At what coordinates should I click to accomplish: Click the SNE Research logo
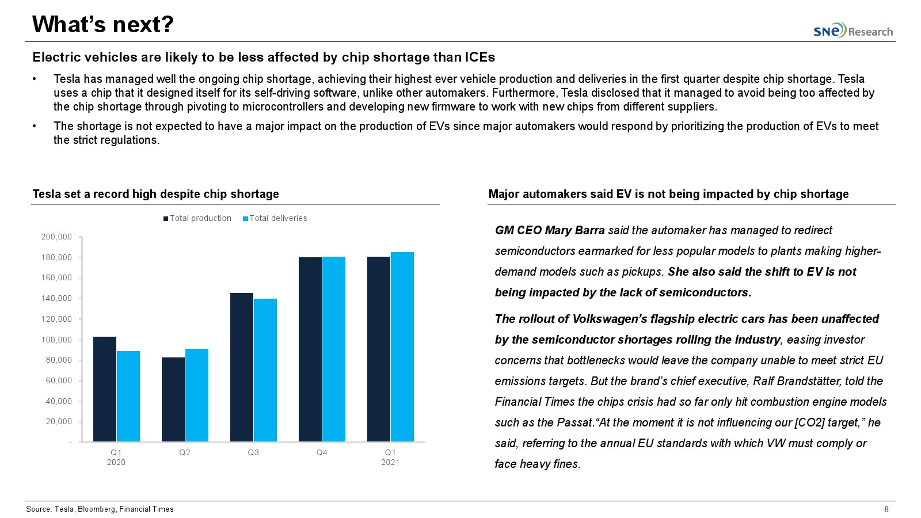853,31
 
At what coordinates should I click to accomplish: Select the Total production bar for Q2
173,399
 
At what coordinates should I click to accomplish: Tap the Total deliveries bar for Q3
265,370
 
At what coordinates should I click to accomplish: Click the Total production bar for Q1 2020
105,389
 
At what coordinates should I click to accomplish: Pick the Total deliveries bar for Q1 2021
402,346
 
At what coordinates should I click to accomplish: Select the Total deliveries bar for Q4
334,349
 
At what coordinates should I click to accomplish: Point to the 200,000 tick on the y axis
56,237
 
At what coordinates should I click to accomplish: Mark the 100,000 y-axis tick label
56,340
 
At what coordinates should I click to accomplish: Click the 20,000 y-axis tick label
59,422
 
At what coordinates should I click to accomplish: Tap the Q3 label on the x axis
253,453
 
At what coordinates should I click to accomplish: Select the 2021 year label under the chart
390,463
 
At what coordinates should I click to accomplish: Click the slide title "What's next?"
103,24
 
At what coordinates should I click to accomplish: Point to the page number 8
886,509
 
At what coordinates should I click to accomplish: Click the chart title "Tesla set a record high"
155,194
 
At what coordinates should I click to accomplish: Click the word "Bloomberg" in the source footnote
96,509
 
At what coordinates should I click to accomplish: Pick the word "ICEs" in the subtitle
479,57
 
